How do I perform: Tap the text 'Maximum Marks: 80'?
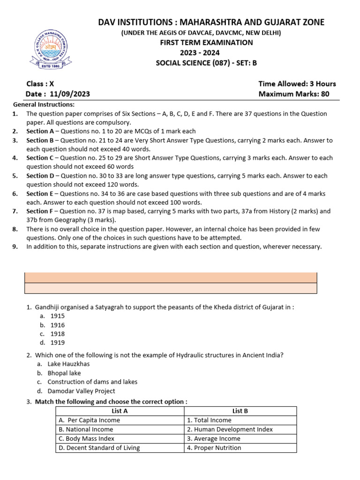293,94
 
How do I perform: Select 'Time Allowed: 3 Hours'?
297,84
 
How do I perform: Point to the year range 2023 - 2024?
207,52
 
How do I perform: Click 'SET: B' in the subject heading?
246,63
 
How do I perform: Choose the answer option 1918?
58,334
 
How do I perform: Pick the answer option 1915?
58,316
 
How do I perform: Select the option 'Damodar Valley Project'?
81,391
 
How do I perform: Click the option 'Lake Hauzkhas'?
68,364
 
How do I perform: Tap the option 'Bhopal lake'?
64,373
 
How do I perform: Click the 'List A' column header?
120,411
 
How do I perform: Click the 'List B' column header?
240,411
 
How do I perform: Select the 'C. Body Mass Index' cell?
86,439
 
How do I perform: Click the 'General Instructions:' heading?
44,105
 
